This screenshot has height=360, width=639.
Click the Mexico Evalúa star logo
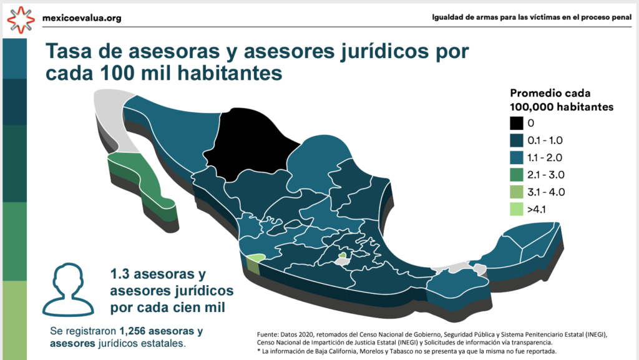tap(21, 19)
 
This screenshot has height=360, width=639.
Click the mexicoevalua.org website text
tap(82, 18)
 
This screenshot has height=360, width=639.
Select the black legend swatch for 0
tap(516, 123)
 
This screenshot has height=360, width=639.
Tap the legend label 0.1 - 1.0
tap(545, 140)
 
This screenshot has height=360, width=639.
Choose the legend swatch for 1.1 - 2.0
tap(516, 158)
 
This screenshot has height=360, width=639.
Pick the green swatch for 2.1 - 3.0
tap(516, 175)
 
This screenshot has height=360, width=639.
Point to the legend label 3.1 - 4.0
tap(546, 192)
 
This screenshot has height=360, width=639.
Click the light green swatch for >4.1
tap(516, 209)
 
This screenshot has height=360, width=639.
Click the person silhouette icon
tap(68, 289)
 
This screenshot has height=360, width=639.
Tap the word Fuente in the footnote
tap(267, 335)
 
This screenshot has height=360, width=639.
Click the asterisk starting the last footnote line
tap(258, 350)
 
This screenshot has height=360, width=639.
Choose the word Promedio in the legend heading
tap(534, 93)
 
